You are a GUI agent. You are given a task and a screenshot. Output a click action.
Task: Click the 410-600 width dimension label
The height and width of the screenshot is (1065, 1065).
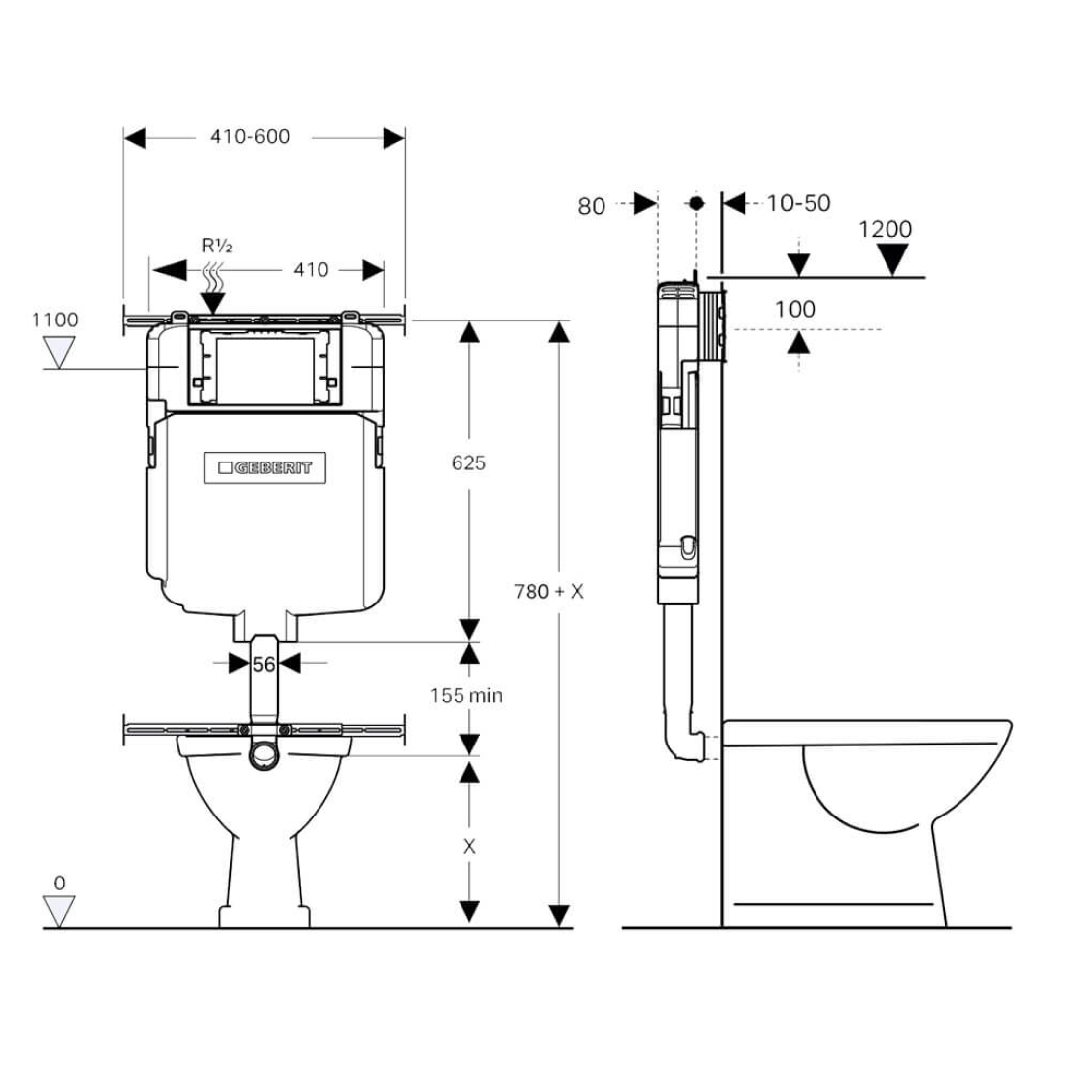(x=249, y=137)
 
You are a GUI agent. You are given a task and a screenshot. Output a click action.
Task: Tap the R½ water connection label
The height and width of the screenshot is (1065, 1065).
(x=216, y=246)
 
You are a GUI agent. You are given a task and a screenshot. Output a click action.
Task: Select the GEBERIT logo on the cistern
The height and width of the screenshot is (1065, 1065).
(x=265, y=468)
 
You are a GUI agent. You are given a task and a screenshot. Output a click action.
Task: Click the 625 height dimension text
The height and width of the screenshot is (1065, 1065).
(x=468, y=462)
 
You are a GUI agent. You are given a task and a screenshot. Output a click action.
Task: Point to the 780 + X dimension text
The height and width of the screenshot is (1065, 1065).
(x=549, y=592)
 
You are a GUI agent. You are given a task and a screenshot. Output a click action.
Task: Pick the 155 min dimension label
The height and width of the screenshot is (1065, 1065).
(x=465, y=695)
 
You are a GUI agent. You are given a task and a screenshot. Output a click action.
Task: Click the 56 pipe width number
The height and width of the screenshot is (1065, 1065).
(x=263, y=664)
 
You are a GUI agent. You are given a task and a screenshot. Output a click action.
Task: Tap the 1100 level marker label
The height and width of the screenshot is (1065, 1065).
(x=55, y=319)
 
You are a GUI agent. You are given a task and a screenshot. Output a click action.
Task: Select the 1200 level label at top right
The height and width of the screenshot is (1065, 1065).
(x=885, y=230)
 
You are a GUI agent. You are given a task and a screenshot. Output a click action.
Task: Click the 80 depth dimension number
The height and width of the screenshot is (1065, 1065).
(x=591, y=205)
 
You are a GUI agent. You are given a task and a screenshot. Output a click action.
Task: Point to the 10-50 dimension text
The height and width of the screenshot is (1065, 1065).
(x=799, y=203)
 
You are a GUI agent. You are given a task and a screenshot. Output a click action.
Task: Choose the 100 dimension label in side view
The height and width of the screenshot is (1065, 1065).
(x=795, y=309)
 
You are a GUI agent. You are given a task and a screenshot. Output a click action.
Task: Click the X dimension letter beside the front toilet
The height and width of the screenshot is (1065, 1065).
(x=469, y=846)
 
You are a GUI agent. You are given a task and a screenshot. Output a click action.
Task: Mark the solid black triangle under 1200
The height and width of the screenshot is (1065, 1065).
(x=893, y=260)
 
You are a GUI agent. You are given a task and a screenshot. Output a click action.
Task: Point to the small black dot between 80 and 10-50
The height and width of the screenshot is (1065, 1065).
(x=696, y=203)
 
